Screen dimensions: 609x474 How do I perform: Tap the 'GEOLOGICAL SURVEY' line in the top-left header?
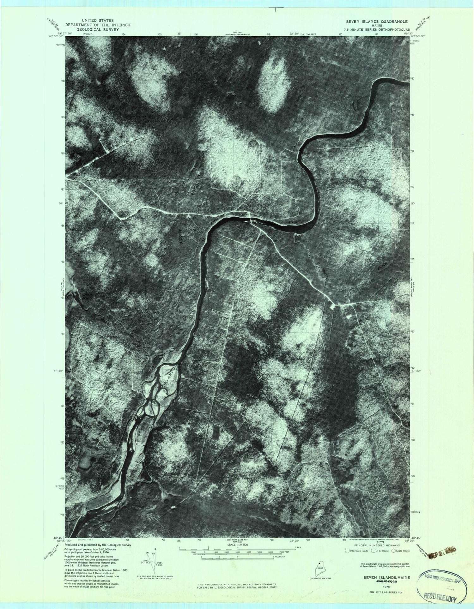pos(92,29)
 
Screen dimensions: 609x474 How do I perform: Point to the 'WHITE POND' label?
pos(87,297)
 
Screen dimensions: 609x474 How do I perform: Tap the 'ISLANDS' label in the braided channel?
pos(170,375)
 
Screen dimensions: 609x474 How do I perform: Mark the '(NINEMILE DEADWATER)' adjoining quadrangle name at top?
pos(237,34)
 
